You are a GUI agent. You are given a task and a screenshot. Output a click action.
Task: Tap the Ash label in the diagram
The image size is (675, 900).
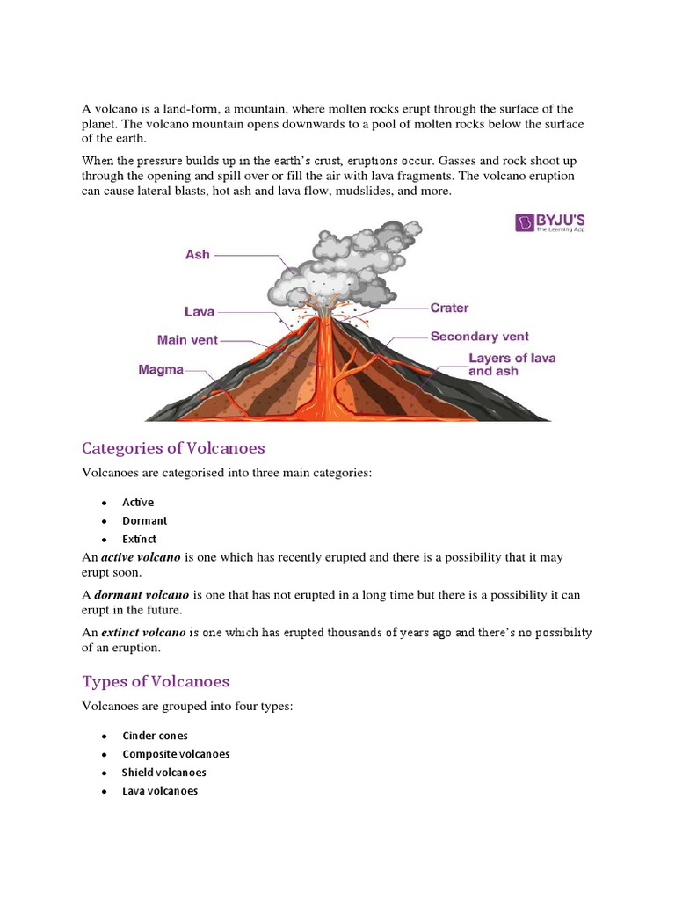[198, 254]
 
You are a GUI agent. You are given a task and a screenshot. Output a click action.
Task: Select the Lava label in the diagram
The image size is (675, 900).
[200, 311]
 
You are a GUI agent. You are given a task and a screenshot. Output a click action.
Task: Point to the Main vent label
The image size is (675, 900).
[187, 339]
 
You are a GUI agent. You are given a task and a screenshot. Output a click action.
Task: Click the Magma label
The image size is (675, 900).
[161, 370]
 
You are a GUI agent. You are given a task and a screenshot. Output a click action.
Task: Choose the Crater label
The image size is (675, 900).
[449, 308]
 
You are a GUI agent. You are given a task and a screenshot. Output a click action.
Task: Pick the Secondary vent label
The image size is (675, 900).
[480, 337]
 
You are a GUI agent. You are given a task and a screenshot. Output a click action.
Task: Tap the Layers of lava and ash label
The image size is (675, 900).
[512, 365]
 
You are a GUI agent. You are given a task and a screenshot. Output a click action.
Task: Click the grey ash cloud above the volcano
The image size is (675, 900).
[334, 264]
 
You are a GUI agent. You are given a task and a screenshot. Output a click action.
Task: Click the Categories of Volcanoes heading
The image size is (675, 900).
[173, 448]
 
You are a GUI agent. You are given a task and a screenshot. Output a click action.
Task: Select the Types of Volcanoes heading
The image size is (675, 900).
[156, 681]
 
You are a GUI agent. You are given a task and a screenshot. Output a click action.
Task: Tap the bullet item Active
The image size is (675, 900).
[138, 503]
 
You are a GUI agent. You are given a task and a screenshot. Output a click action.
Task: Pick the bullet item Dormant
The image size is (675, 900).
[144, 521]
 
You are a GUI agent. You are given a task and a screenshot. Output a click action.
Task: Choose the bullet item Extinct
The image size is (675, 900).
[140, 540]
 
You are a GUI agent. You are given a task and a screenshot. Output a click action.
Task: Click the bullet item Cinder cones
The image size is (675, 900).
[155, 736]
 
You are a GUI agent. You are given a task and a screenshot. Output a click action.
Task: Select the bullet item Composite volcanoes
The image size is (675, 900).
[176, 754]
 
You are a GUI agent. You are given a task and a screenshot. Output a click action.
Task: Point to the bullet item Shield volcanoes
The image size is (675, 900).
[164, 773]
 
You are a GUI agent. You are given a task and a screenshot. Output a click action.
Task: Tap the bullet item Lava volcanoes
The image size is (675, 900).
[160, 791]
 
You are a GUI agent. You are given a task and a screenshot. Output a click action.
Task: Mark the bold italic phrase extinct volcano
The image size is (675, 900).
[143, 633]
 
